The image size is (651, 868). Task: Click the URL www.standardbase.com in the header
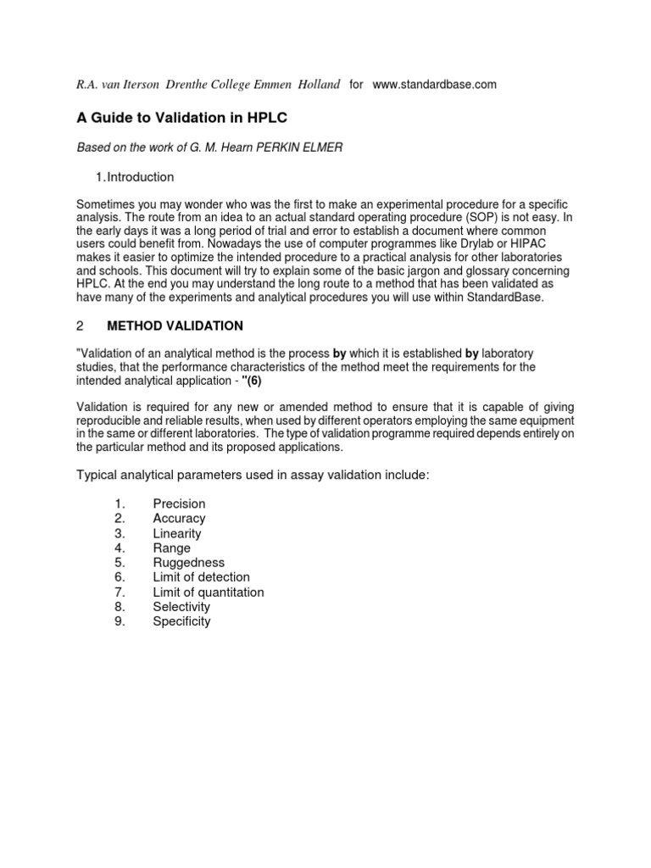coord(434,85)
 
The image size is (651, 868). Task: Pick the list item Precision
coord(179,504)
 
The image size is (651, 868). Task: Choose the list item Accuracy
coord(179,518)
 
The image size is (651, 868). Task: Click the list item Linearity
coord(177,533)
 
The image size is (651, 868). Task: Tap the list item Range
coord(172,548)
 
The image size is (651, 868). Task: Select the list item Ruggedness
coord(189,563)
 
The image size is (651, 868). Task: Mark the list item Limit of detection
coord(201,577)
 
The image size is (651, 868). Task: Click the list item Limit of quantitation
coord(209,592)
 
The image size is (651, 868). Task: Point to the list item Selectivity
coord(181,607)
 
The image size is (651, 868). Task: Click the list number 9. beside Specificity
coord(120,621)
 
